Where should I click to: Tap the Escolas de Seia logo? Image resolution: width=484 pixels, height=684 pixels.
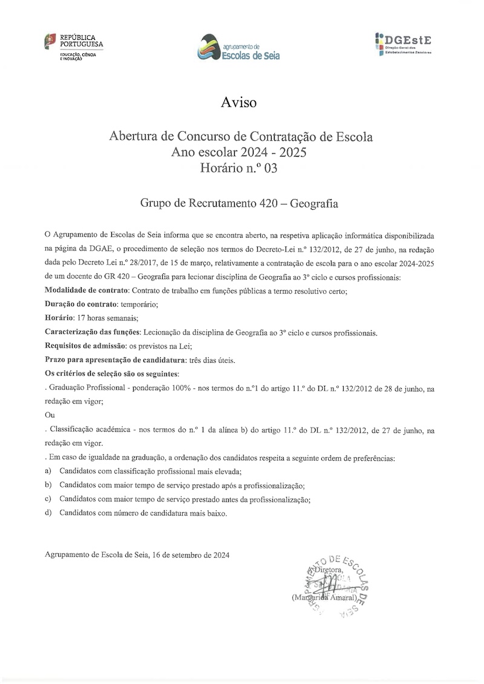tap(240, 48)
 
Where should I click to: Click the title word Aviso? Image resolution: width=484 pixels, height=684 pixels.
tap(239, 102)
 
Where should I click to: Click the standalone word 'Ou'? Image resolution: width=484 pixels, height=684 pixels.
tap(50, 415)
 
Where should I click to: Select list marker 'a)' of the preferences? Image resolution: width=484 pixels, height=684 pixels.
tap(48, 471)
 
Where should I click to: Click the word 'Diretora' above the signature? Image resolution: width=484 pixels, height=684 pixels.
tap(329, 570)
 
